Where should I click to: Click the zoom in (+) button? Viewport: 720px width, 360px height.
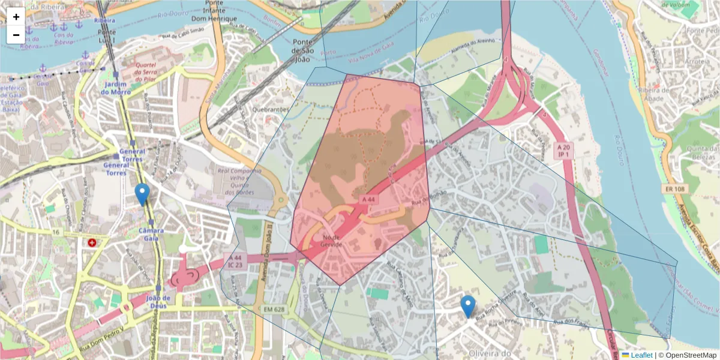point(16,16)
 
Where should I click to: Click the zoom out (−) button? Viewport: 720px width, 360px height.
point(16,34)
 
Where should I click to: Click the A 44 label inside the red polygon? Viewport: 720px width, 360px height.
point(368,199)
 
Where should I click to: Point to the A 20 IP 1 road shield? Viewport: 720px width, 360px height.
point(563,151)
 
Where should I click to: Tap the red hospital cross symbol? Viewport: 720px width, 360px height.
point(92,243)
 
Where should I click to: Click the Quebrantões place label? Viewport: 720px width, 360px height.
point(271,110)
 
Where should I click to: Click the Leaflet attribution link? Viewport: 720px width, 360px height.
point(641,355)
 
